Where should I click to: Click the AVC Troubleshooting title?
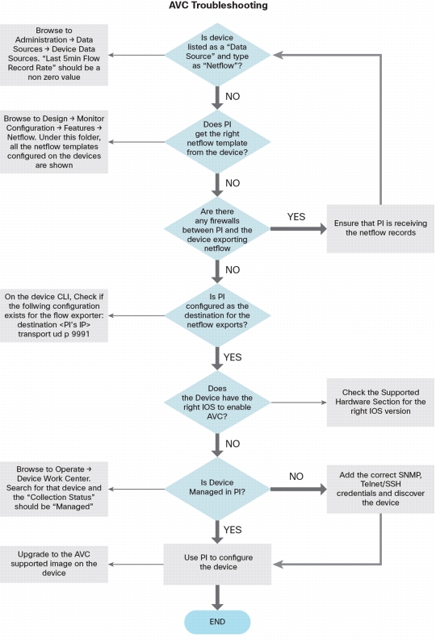(x=218, y=6)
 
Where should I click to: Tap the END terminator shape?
(x=217, y=622)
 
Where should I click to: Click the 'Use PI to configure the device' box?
(x=217, y=564)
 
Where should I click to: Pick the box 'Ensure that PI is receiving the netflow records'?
(x=380, y=228)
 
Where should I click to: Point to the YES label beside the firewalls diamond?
(x=296, y=217)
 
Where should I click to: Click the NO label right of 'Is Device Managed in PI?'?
(x=296, y=477)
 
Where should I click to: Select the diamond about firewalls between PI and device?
(x=217, y=229)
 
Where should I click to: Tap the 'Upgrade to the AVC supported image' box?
(x=53, y=564)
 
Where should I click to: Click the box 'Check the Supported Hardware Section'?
(x=380, y=402)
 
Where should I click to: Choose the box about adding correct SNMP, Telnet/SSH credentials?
(x=380, y=489)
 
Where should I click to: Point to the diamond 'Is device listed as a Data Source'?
(x=217, y=55)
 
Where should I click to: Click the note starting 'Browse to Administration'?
(x=53, y=55)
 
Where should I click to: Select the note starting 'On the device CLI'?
(x=53, y=315)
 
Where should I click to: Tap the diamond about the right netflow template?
(x=217, y=142)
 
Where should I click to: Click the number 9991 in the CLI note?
(x=80, y=334)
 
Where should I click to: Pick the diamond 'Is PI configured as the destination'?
(x=217, y=315)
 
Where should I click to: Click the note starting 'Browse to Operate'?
(x=53, y=489)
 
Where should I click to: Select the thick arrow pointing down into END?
(x=217, y=598)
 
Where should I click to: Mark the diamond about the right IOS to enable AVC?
(x=217, y=402)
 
